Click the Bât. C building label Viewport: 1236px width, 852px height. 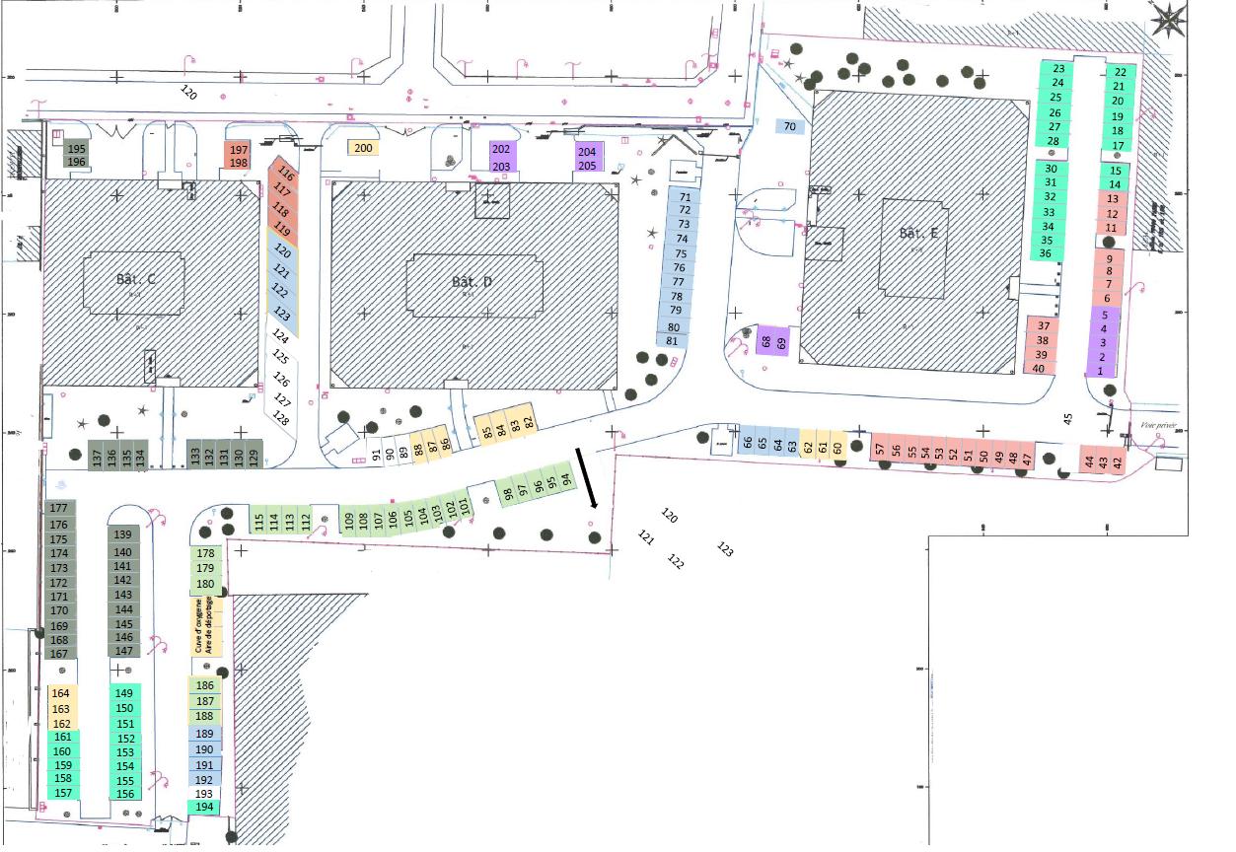pyautogui.click(x=136, y=280)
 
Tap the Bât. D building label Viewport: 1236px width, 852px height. pyautogui.click(x=472, y=282)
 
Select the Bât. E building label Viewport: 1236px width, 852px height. pyautogui.click(x=918, y=235)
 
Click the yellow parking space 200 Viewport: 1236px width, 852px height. pyautogui.click(x=363, y=148)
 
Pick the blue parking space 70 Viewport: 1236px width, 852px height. pyautogui.click(x=789, y=126)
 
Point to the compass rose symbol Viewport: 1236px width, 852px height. pyautogui.click(x=1170, y=18)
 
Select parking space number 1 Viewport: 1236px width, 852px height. pyautogui.click(x=1101, y=371)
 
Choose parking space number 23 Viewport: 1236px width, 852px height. pyautogui.click(x=1058, y=69)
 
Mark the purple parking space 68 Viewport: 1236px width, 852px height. pyautogui.click(x=765, y=342)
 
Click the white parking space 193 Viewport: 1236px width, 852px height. pyautogui.click(x=204, y=794)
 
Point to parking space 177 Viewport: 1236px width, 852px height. pyautogui.click(x=58, y=508)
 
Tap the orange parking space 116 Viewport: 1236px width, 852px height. pyautogui.click(x=285, y=176)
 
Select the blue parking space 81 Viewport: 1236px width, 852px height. pyautogui.click(x=673, y=341)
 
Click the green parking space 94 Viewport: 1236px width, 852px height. pyautogui.click(x=565, y=479)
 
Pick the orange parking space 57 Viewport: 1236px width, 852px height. pyautogui.click(x=880, y=450)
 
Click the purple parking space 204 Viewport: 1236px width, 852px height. pyautogui.click(x=587, y=152)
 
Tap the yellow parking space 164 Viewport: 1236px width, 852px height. pyautogui.click(x=61, y=693)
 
